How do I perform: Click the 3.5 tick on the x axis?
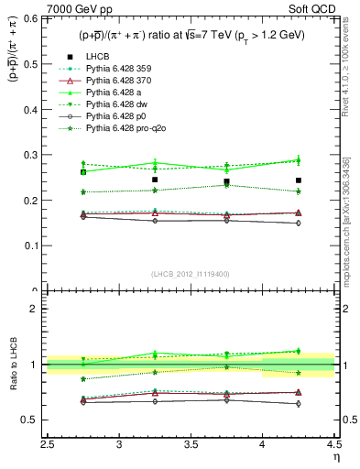[x=191, y=444]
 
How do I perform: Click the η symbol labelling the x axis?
[x=335, y=457]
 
